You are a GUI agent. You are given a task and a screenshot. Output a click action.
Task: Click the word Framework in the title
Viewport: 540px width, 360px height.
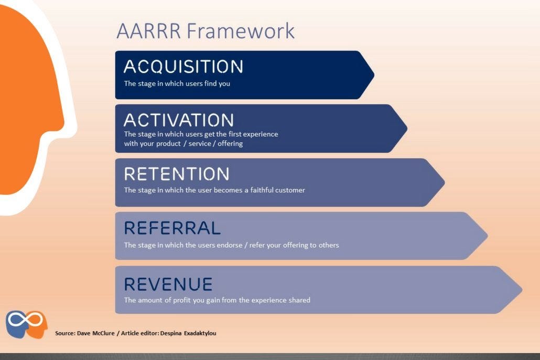(241, 30)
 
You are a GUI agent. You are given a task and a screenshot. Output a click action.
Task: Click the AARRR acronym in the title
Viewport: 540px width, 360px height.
(148, 30)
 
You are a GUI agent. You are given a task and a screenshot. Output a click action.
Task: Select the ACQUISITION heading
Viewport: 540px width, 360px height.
(183, 67)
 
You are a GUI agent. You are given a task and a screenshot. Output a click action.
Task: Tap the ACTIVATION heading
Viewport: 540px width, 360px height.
(179, 120)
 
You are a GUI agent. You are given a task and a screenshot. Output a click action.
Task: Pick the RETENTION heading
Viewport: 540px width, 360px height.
(177, 174)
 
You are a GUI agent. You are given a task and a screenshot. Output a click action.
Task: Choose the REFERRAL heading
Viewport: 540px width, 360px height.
(172, 228)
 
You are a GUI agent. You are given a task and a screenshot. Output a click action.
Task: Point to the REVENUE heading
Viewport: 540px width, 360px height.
(168, 284)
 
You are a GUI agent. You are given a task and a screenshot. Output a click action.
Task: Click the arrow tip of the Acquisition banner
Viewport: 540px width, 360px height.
(374, 75)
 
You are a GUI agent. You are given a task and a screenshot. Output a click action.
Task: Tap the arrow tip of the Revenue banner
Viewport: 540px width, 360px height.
(522, 290)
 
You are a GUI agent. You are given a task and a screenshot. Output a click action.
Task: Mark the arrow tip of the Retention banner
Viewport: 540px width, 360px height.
(445, 182)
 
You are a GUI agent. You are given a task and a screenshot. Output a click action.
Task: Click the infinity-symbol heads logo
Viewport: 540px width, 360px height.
(27, 324)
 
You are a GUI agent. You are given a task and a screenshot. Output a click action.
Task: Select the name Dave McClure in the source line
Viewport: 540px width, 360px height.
(96, 333)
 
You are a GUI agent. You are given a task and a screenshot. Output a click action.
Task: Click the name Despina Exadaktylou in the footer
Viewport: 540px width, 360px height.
(188, 333)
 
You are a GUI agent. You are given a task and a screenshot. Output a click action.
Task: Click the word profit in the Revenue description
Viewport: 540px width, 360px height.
(182, 300)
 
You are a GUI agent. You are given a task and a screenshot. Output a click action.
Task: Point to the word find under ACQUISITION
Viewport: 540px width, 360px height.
(210, 83)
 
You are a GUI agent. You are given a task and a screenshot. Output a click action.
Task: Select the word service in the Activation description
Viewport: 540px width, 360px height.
(200, 144)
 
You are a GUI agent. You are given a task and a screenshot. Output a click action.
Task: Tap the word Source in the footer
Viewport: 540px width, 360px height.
(64, 333)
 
